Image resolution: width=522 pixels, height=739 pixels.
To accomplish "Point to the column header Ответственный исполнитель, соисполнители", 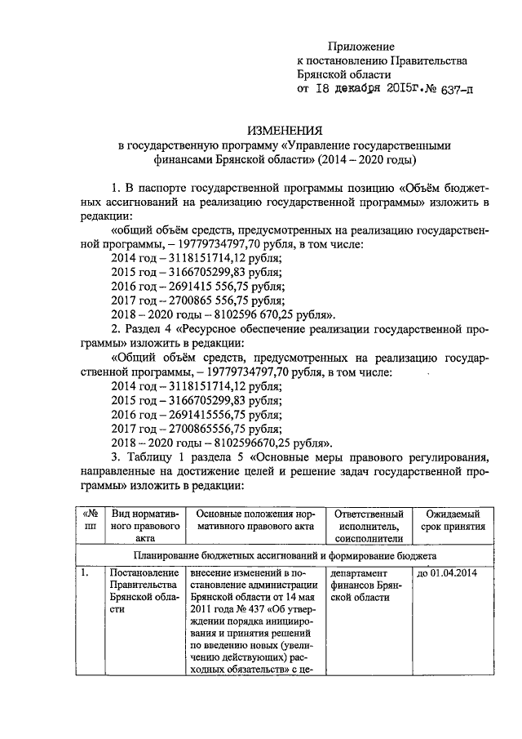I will coord(369,527).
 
